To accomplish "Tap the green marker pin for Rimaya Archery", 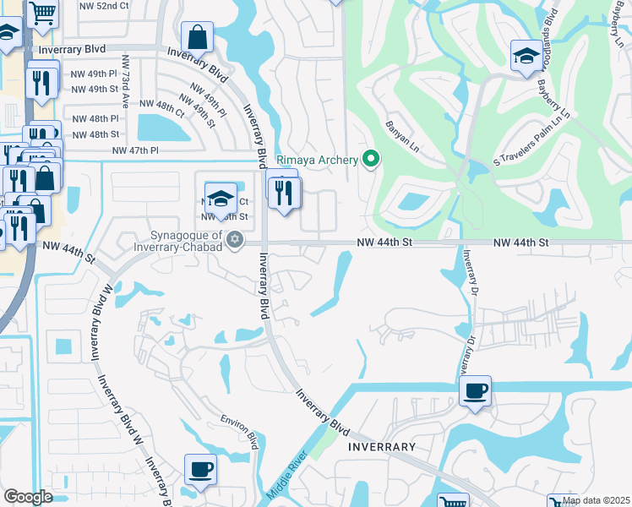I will click(x=370, y=158).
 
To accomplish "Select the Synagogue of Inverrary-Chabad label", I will click(x=187, y=241).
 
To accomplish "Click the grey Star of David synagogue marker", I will click(x=236, y=241).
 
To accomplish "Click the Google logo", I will click(x=28, y=497).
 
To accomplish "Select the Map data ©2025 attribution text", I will click(x=596, y=500).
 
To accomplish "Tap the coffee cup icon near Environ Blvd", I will click(x=200, y=469).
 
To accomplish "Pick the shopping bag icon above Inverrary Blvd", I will click(x=197, y=38).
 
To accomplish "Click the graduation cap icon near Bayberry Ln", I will click(x=526, y=56).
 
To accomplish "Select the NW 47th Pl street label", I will click(x=135, y=150).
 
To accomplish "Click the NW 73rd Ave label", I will click(x=125, y=81).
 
